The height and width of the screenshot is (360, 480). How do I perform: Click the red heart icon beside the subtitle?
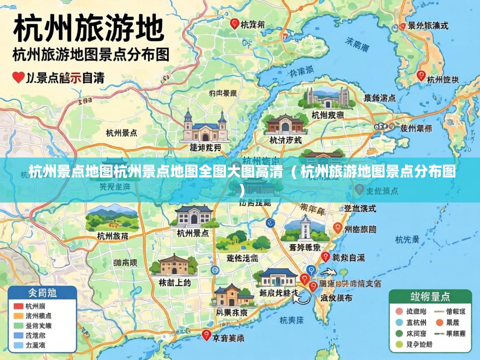pos(18,77)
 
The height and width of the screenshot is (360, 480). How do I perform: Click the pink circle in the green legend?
pos(399,311)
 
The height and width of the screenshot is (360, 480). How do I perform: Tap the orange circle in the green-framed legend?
pos(439,322)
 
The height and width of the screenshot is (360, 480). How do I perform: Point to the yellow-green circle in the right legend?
pos(399,344)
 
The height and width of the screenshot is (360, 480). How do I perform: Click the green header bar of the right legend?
pos(430,297)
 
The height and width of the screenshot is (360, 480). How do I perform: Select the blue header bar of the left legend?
pos(42,293)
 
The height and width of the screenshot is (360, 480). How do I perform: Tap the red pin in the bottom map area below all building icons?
pos(206,335)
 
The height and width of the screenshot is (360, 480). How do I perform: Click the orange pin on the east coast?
pos(338,228)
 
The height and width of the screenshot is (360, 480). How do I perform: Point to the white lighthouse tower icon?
pos(305,227)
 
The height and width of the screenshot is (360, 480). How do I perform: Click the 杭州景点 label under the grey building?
pos(193,233)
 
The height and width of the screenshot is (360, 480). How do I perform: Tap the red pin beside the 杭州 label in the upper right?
pos(421,76)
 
